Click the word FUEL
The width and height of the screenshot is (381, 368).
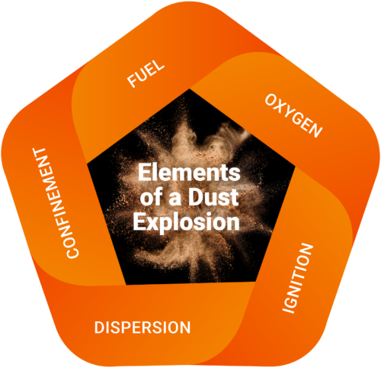pos(146,73)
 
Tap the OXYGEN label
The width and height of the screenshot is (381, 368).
pos(293,116)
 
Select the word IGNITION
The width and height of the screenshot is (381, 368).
pos(298,278)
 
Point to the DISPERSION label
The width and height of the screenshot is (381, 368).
pos(142,328)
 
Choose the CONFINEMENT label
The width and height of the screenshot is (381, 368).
pos(56,203)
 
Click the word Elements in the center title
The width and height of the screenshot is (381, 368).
pos(189,173)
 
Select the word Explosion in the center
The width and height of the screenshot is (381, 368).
pos(187,222)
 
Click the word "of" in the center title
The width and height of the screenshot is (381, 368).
pos(152,196)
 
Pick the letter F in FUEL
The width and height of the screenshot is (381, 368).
pos(132,82)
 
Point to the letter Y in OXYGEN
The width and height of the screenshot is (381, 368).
pos(290,113)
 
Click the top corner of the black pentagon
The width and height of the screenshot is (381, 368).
pos(189,89)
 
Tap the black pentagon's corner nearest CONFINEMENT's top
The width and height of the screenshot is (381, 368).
pos(87,164)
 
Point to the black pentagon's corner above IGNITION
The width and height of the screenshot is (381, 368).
pos(295,166)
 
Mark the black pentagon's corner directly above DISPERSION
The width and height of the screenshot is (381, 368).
pos(126,285)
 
